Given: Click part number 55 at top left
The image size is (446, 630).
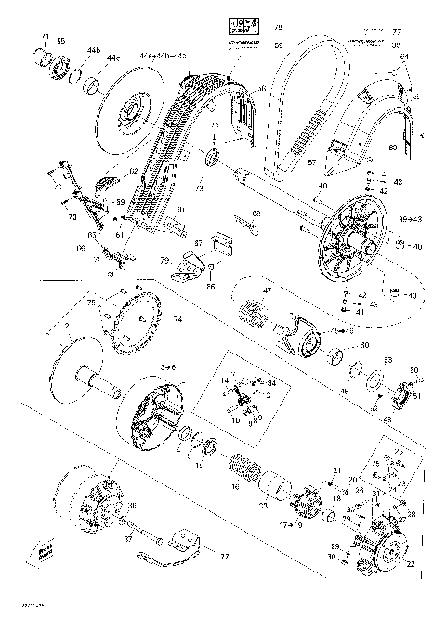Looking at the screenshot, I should coord(61,42).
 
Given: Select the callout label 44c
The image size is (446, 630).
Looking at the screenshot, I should coord(111,58).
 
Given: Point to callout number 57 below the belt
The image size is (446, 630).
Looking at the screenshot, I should coord(312,162).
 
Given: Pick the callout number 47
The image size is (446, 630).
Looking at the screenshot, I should coord(267,290).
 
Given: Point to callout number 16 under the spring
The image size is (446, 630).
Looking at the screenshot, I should coord(235,486).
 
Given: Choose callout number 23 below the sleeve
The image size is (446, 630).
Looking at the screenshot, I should coord(264,506).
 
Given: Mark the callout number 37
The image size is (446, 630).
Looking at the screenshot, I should coord(126,536).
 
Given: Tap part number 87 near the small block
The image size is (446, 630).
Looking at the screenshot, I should coord(196,242).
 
